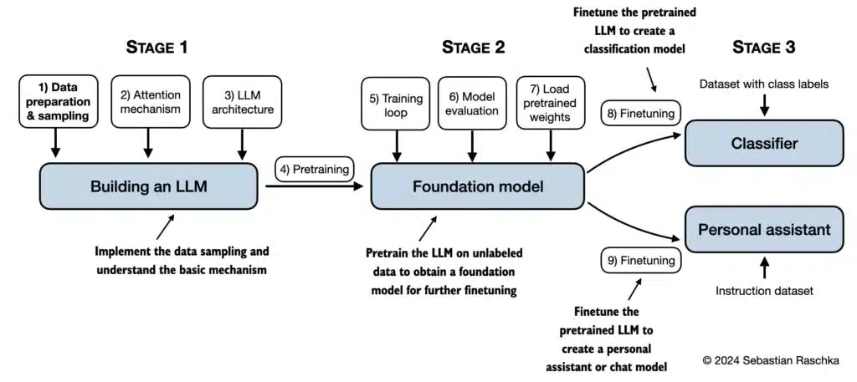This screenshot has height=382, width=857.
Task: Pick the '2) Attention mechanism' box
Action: [x=148, y=101]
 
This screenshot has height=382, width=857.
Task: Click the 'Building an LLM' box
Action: [x=148, y=186]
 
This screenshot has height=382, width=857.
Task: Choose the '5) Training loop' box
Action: [x=395, y=104]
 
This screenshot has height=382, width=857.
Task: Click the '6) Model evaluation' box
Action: [x=473, y=104]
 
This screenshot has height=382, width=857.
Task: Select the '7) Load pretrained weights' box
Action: [x=549, y=104]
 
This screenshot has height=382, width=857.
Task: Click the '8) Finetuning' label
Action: [x=640, y=113]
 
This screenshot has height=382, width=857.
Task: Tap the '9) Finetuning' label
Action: [x=640, y=261]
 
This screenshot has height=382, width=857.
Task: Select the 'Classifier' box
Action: [x=763, y=144]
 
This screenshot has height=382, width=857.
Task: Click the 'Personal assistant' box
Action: [x=763, y=229]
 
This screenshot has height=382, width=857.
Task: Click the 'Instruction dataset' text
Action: [x=763, y=291]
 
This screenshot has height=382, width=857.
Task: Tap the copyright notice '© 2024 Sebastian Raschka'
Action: [x=770, y=359]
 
